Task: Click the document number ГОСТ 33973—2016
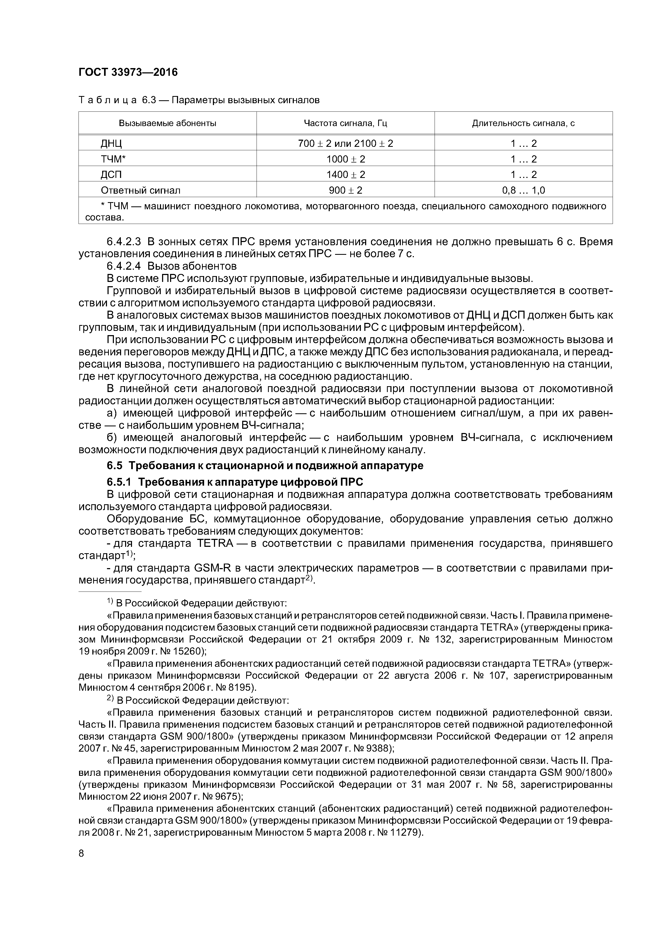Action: pyautogui.click(x=128, y=72)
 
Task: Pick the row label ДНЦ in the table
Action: pyautogui.click(x=111, y=143)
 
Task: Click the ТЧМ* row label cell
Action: pyautogui.click(x=113, y=159)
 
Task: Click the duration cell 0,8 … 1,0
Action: pyautogui.click(x=523, y=190)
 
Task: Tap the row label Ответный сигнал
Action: pyautogui.click(x=140, y=190)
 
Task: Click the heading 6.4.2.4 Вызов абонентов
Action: pyautogui.click(x=171, y=266)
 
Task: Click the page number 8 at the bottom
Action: pyautogui.click(x=81, y=853)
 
